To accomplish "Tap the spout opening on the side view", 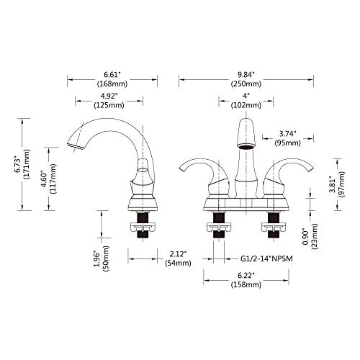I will point(72,145).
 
